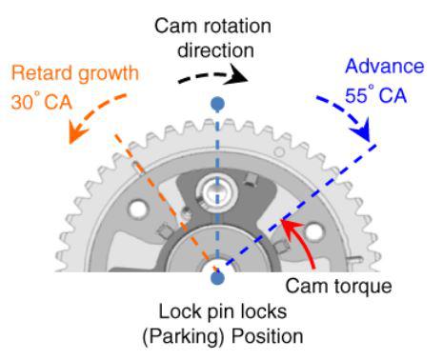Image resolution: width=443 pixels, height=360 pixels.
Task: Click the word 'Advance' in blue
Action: (385, 67)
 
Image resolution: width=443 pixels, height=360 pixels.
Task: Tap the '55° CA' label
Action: (375, 94)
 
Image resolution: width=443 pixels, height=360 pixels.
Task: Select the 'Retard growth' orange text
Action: (75, 74)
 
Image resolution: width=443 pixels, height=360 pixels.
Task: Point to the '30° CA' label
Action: (42, 102)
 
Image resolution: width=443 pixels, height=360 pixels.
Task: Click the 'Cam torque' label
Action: (338, 286)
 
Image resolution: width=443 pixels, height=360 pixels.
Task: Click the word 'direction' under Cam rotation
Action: (215, 50)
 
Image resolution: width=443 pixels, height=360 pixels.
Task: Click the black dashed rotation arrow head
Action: (236, 75)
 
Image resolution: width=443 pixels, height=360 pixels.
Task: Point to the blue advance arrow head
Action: (361, 130)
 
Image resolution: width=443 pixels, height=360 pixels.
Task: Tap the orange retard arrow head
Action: (77, 133)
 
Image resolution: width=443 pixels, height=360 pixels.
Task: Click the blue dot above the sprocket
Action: (217, 104)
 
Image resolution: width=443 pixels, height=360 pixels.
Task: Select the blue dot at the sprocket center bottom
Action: (217, 278)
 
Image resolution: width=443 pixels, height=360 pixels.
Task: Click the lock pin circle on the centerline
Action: (217, 191)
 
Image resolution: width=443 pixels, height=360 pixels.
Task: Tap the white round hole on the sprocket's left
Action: (138, 210)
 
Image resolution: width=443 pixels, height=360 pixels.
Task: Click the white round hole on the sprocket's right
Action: (314, 231)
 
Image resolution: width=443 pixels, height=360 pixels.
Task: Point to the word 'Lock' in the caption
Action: (180, 311)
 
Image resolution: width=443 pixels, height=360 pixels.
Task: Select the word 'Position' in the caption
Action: (267, 336)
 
